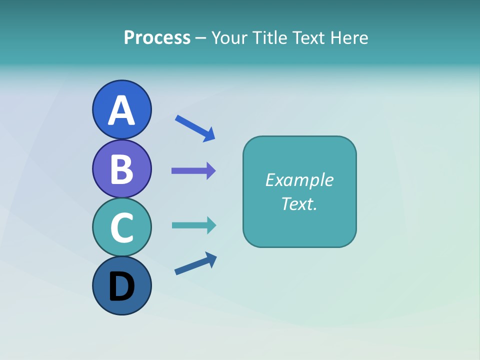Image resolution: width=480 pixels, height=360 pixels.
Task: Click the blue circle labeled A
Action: pos(121,109)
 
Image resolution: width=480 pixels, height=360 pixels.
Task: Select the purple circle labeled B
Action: pos(121,168)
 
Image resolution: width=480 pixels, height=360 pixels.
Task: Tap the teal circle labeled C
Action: pos(121,227)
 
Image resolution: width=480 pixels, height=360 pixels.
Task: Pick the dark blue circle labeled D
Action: pos(121,285)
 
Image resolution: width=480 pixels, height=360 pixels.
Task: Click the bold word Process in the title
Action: pos(157,37)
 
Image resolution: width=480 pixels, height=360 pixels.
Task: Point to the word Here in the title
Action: pos(349,37)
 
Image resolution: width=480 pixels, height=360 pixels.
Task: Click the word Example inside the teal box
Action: pos(299,180)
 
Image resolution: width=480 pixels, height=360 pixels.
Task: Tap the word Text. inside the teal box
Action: pos(299,203)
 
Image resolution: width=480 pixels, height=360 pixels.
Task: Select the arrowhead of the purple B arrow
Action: pos(211,171)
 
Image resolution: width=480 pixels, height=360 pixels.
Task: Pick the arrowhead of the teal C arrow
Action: pos(211,225)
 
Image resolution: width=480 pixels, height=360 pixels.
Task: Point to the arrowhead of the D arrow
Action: pos(212,259)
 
